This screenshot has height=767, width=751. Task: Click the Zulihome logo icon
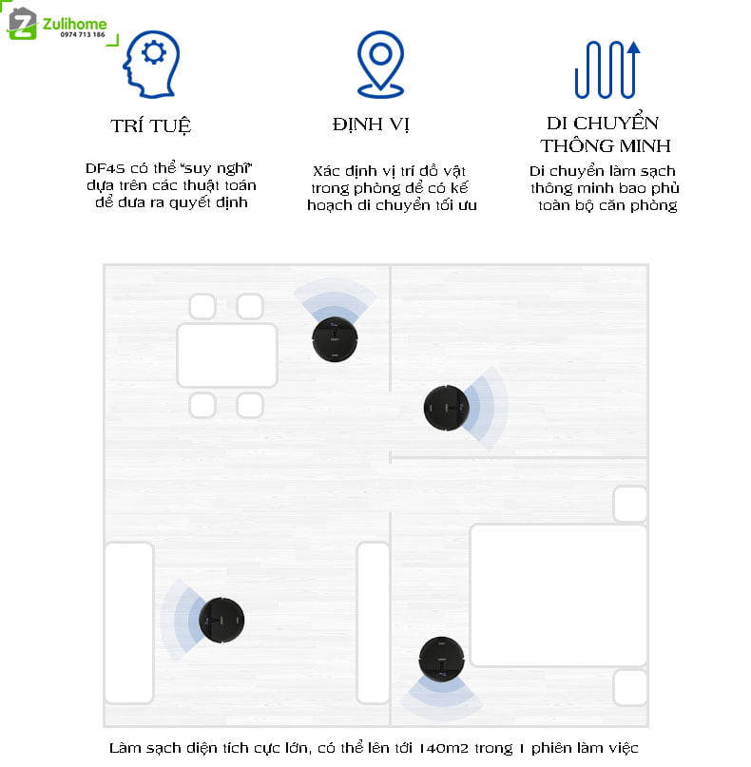pyautogui.click(x=22, y=24)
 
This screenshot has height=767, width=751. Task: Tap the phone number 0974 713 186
pyautogui.click(x=83, y=35)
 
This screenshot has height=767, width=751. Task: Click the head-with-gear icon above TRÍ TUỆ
pyautogui.click(x=151, y=65)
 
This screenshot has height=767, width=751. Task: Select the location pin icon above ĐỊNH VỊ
pyautogui.click(x=380, y=65)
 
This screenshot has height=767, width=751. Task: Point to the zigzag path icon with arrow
pyautogui.click(x=607, y=69)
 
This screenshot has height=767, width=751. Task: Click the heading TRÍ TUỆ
pyautogui.click(x=151, y=126)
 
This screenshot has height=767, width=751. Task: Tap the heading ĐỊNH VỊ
pyautogui.click(x=371, y=125)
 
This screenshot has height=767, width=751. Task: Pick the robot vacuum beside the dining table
pyautogui.click(x=336, y=339)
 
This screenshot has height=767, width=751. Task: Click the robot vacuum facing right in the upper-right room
pyautogui.click(x=446, y=408)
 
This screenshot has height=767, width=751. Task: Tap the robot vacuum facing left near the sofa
pyautogui.click(x=221, y=620)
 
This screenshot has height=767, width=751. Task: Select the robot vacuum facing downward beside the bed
pyautogui.click(x=442, y=660)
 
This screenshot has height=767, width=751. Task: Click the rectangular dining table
pyautogui.click(x=227, y=355)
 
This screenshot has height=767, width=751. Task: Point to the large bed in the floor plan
pyautogui.click(x=558, y=595)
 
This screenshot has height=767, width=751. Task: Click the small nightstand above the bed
pyautogui.click(x=630, y=504)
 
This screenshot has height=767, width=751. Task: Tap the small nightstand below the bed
pyautogui.click(x=630, y=687)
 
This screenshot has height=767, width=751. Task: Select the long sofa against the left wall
pyautogui.click(x=129, y=623)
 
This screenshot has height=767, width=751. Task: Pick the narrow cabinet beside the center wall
pyautogui.click(x=374, y=623)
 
